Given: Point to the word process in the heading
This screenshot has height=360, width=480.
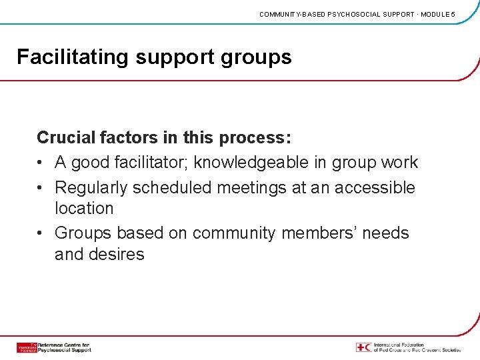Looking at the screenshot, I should (x=253, y=139).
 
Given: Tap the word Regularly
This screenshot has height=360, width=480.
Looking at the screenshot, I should (x=91, y=188).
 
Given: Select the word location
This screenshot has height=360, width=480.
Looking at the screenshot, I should (x=84, y=208).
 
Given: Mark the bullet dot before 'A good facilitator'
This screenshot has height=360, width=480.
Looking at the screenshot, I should (x=41, y=163).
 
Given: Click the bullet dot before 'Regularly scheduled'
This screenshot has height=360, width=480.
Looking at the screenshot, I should (x=41, y=188).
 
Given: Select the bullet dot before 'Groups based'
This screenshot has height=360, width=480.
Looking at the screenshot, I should (x=41, y=233).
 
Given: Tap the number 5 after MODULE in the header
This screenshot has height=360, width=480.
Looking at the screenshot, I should (x=453, y=14).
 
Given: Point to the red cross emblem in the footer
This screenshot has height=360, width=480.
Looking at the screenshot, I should (x=363, y=347).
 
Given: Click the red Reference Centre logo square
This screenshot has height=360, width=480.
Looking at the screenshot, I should (x=27, y=347).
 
